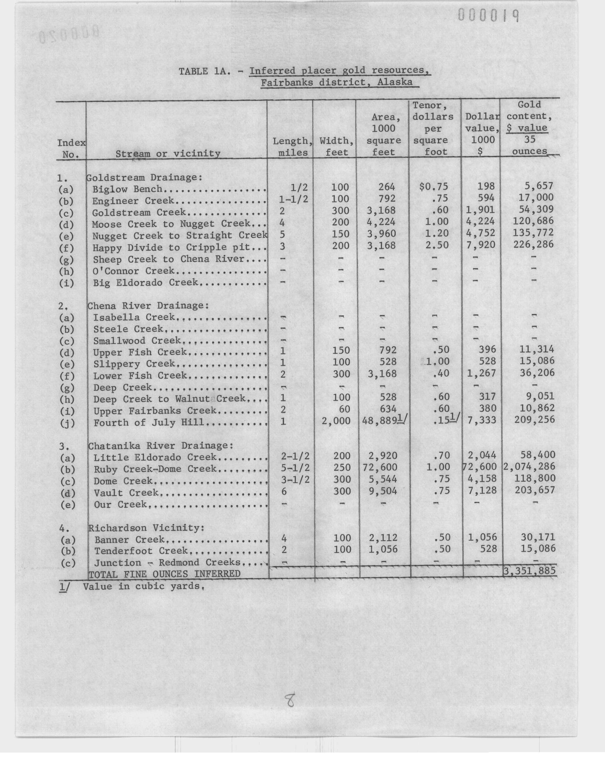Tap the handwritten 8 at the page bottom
(x=290, y=700)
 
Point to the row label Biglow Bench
(x=127, y=189)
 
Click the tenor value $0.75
(x=433, y=186)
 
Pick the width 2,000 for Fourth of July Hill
(x=336, y=421)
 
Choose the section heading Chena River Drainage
(x=148, y=306)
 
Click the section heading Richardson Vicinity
(x=146, y=528)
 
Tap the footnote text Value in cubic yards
(x=144, y=586)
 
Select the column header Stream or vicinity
(x=168, y=153)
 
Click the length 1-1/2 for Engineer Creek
(x=293, y=198)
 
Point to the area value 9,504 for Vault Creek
(x=381, y=491)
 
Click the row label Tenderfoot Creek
(x=141, y=551)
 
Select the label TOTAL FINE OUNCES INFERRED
(x=164, y=574)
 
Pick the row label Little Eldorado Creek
(x=155, y=457)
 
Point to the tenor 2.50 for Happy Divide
(x=437, y=245)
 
